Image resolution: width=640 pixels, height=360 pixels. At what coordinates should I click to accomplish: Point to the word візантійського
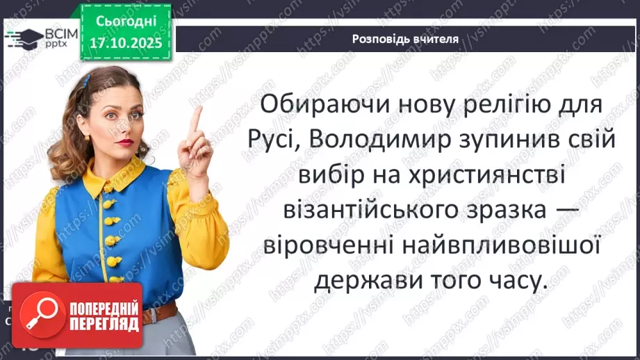coord(376,210)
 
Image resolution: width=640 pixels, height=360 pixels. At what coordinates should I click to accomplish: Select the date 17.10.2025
coord(125,43)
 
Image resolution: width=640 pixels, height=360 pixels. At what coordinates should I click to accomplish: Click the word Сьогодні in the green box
coord(125,22)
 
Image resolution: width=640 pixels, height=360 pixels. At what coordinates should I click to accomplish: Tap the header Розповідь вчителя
coord(405,39)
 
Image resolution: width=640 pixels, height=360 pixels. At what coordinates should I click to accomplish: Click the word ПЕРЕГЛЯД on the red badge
coord(103,323)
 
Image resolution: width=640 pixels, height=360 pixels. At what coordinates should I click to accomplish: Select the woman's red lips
coord(126,142)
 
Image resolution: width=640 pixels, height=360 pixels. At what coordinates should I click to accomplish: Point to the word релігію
coord(515,105)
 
